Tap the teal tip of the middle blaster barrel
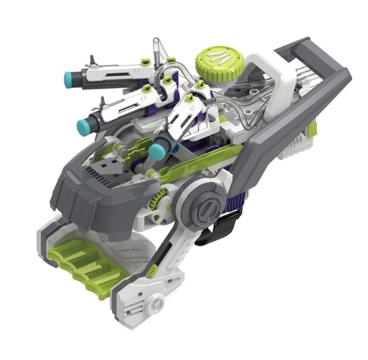click(x=83, y=125)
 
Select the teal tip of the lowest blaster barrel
click(x=155, y=152)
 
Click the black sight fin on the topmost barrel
click(x=93, y=60)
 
